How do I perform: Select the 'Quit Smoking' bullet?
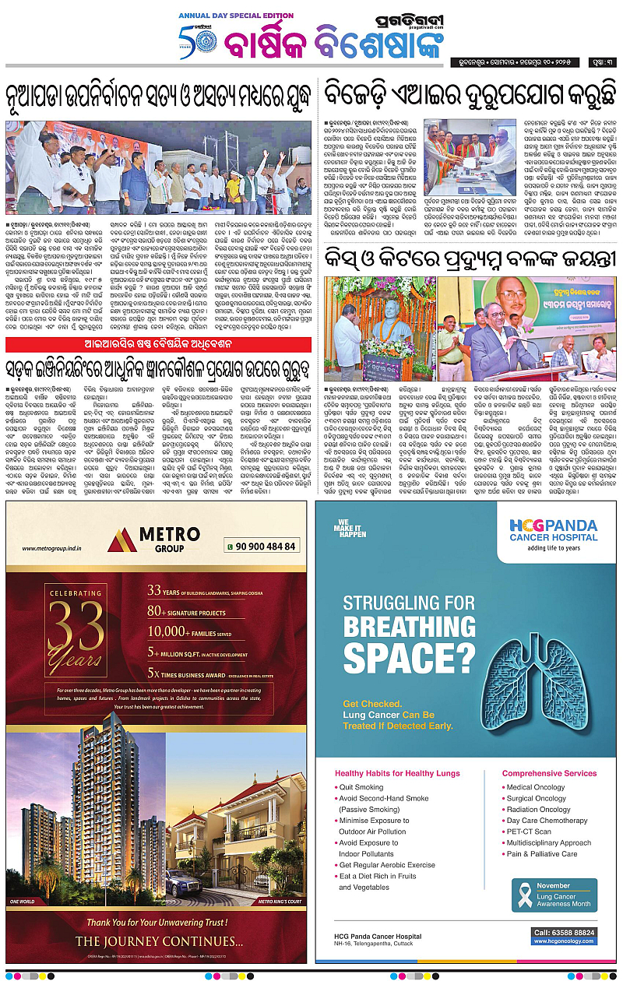(361, 788)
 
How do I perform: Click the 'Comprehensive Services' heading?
(549, 773)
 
